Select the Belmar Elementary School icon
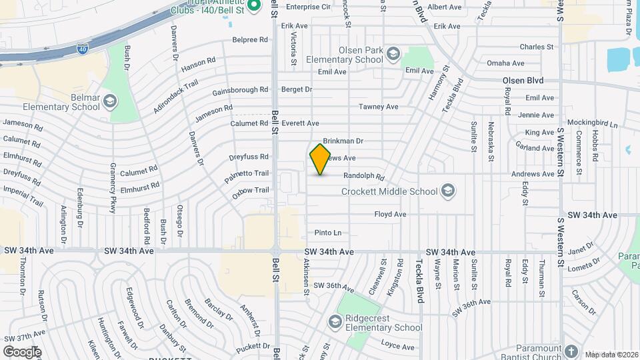point(109,102)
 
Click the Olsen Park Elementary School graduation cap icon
point(393,53)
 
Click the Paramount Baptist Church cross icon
point(570,351)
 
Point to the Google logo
point(22,351)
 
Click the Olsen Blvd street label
point(523,81)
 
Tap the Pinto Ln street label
point(328,233)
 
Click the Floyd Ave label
point(390,215)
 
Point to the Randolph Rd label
point(364,177)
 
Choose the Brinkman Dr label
point(343,141)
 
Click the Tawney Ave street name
point(378,107)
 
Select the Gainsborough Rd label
point(240,91)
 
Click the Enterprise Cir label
point(308,7)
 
